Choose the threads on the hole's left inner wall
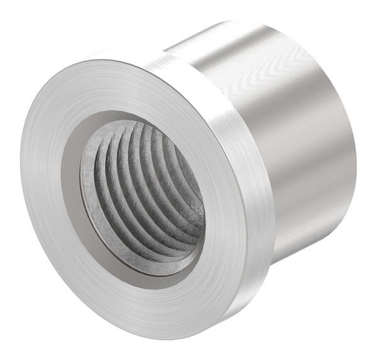(x=104, y=182)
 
